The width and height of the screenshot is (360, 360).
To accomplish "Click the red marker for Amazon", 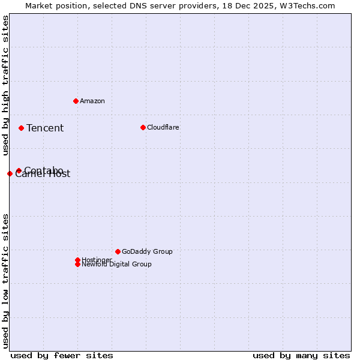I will [76, 101].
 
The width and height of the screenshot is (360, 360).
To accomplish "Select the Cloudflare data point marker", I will [143, 127].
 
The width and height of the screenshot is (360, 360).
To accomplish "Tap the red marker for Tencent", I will [21, 128].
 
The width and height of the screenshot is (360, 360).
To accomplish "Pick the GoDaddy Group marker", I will [118, 251].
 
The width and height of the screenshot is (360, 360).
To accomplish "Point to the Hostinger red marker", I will [77, 260].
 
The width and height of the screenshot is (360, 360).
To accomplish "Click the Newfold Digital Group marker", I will [77, 265].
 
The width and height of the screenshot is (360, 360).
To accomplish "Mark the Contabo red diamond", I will [19, 171].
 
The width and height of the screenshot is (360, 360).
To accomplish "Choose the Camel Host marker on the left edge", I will [10, 173].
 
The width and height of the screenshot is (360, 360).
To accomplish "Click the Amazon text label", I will [92, 101].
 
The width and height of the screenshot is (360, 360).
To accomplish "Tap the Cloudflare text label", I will [163, 127].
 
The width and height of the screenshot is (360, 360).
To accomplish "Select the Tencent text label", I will [45, 128].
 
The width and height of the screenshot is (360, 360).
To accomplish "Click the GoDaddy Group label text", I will [147, 251].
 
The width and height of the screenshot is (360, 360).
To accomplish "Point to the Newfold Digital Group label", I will [117, 265].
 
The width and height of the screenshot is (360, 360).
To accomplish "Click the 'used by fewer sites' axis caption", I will [62, 355].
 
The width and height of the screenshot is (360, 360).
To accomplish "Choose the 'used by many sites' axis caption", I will [301, 355].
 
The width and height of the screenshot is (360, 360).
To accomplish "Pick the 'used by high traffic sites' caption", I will [5, 85].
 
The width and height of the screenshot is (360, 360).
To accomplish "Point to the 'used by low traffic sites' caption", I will [5, 280].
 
